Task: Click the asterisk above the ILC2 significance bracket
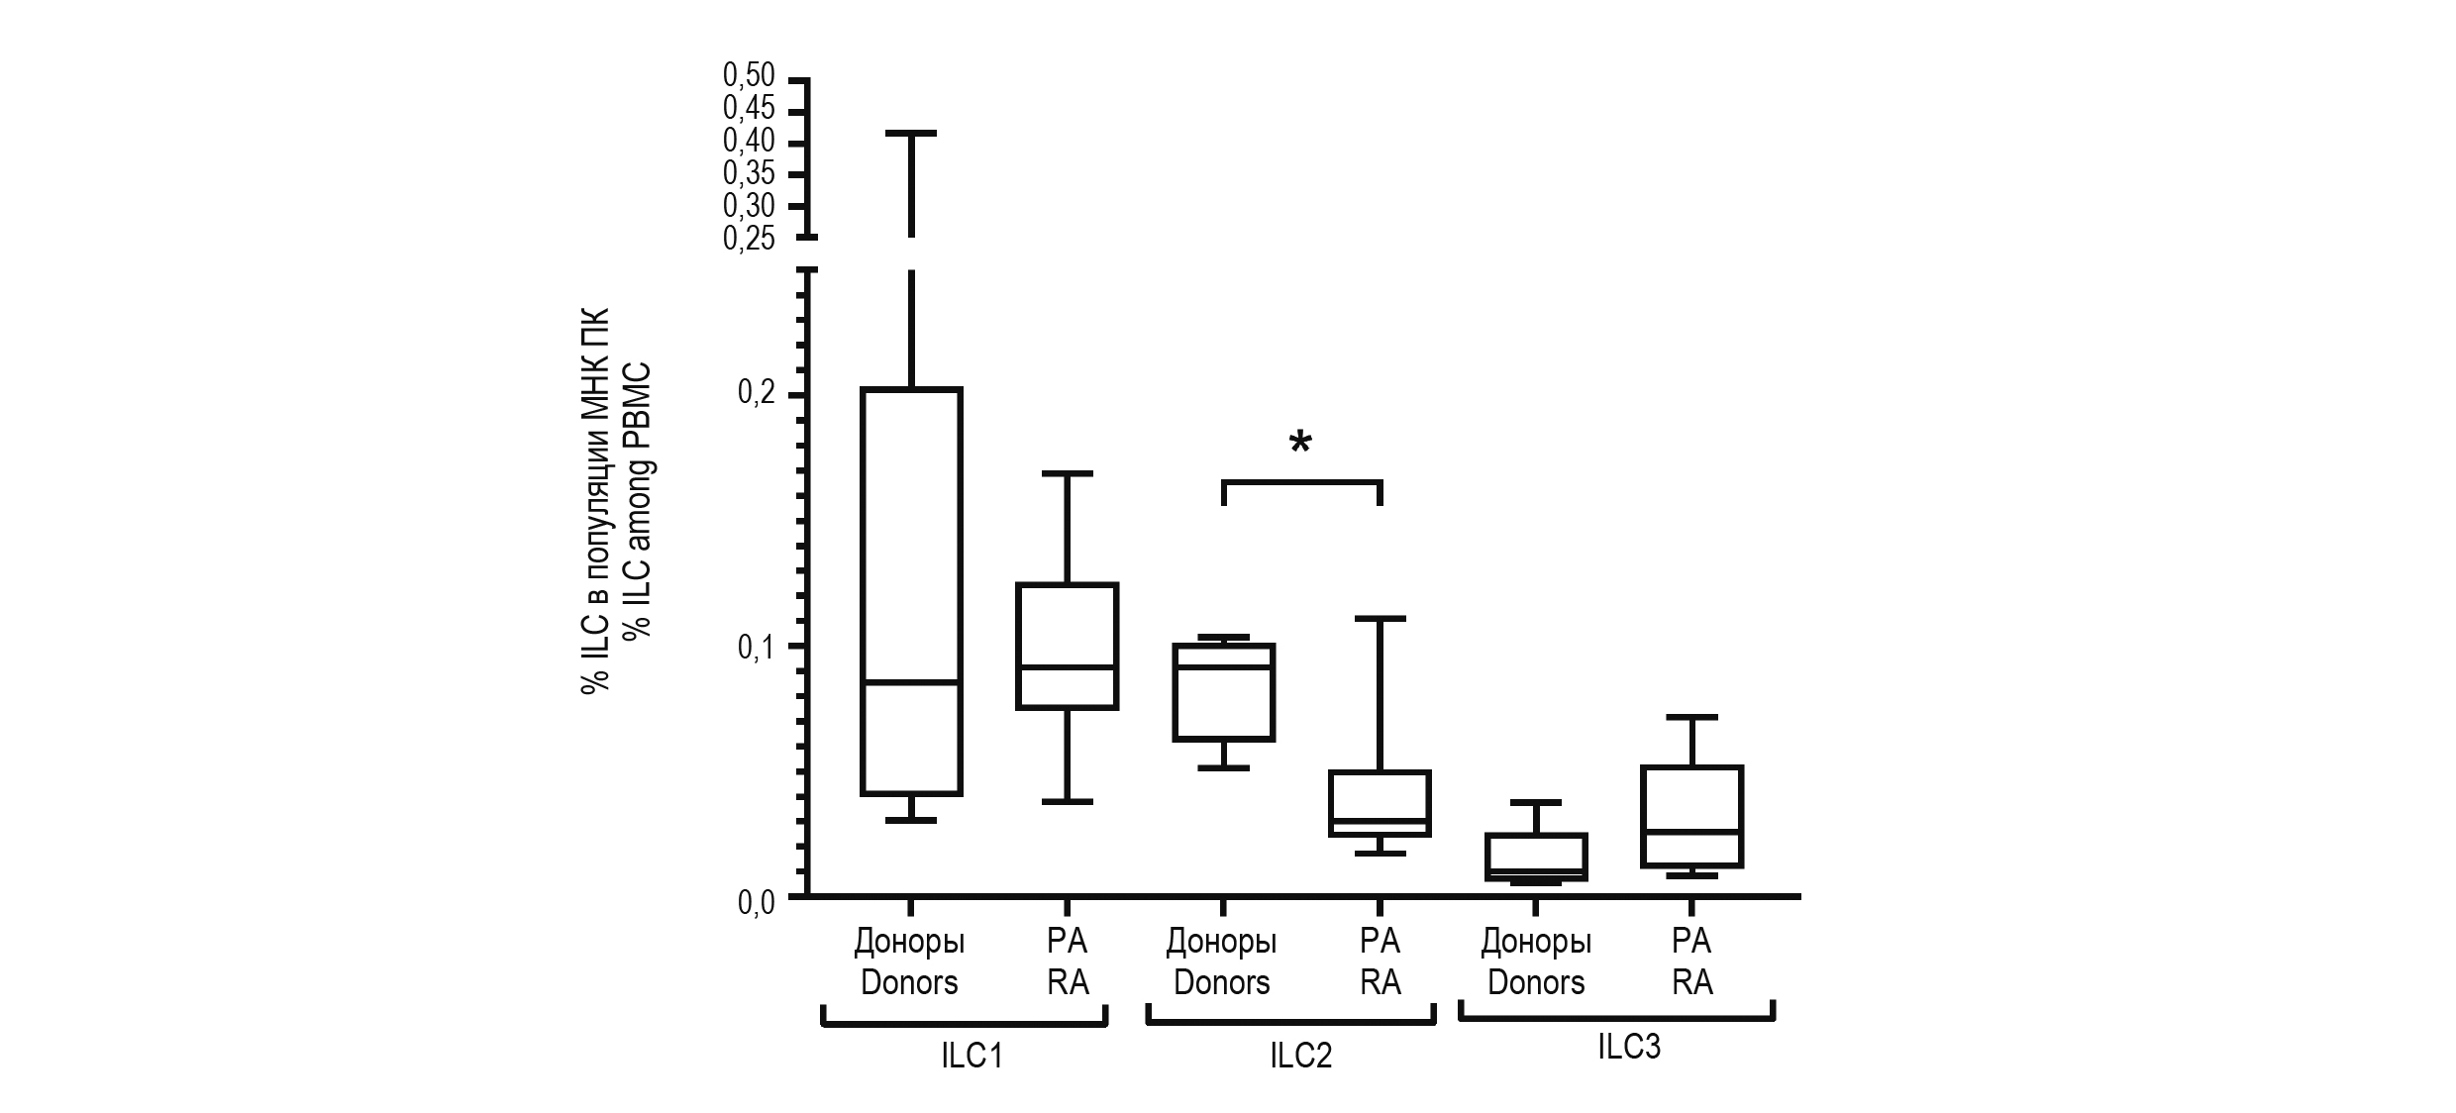[x=1300, y=444]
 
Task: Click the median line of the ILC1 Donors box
[x=911, y=682]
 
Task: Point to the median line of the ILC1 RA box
[x=1068, y=667]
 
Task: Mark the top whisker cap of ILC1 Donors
[x=911, y=133]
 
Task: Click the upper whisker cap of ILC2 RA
[x=1380, y=619]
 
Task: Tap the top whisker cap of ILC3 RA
[x=1691, y=717]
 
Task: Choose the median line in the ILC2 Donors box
[x=1223, y=667]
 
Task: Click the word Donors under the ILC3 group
[x=1536, y=982]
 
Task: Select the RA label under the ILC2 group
[x=1380, y=982]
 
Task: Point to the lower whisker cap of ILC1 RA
[x=1068, y=801]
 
